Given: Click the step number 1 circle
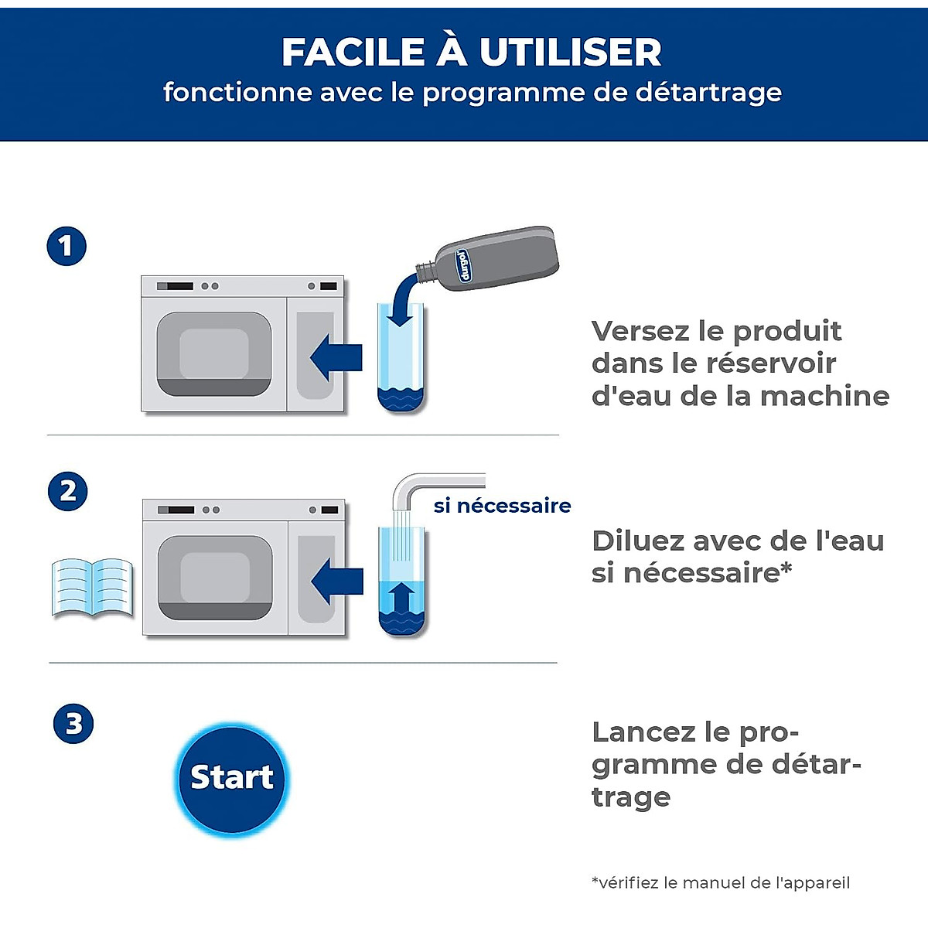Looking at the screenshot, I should pos(67,247).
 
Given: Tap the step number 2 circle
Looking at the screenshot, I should pos(68,491).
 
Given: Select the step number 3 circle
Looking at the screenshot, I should pos(73,724).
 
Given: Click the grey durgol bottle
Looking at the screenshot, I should pos(495,258).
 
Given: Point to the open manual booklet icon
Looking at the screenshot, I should pos(92,588).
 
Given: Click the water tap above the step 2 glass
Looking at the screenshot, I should pos(433,484).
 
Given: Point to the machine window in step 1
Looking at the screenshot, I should pos(214,353).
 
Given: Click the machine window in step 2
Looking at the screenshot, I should pos(215,577).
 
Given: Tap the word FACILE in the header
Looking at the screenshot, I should pos(353,53).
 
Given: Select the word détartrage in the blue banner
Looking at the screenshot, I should pos(708,93).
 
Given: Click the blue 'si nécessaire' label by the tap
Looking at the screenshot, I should pos(502,506).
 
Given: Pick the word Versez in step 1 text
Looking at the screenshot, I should pos(640,331).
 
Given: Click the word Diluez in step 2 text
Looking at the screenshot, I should pos(637,541).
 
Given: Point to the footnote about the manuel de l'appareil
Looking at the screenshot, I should pos(721,882).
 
